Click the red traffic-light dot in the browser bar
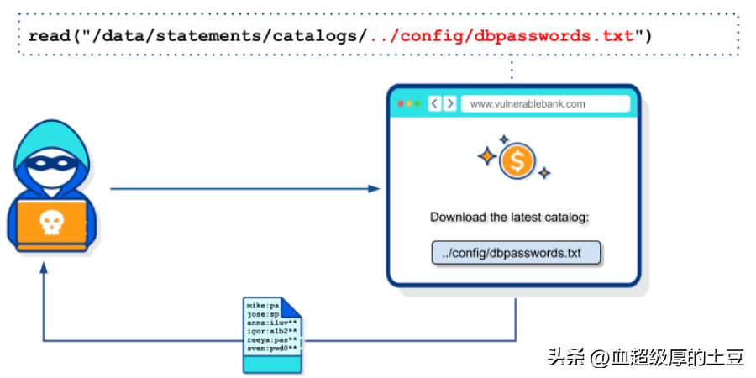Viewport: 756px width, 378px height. click(402, 103)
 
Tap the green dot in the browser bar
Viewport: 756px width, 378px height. click(417, 103)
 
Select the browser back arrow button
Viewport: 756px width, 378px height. click(435, 103)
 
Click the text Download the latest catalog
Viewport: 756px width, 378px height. click(510, 217)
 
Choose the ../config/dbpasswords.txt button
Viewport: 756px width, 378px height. click(517, 253)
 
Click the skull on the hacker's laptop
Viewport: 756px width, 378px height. click(52, 222)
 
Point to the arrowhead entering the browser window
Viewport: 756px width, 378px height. click(375, 189)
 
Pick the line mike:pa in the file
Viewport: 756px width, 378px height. click(262, 306)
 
